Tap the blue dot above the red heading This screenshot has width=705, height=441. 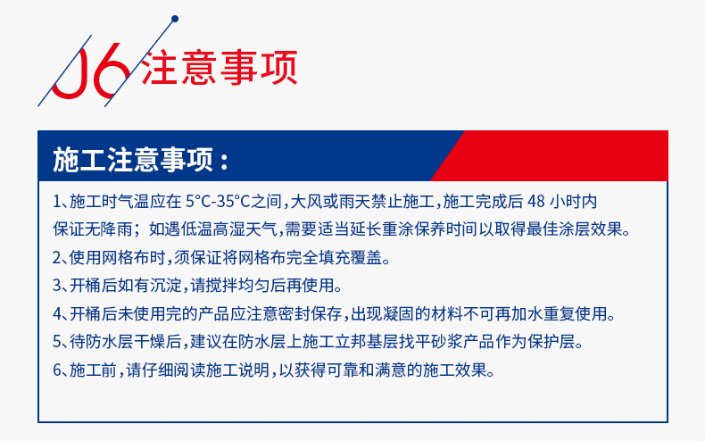point(175,19)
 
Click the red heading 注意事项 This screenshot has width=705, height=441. point(220,68)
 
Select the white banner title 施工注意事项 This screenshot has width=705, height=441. point(133,160)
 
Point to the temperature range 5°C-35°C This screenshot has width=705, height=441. point(218,201)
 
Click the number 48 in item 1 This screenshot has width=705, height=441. point(535,201)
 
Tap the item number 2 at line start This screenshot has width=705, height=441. point(57,258)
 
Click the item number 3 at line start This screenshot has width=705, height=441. point(57,286)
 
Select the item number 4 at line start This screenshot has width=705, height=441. point(57,314)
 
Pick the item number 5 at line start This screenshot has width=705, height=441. point(57,342)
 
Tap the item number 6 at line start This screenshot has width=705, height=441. point(57,370)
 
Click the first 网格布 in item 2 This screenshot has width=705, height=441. point(126,258)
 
